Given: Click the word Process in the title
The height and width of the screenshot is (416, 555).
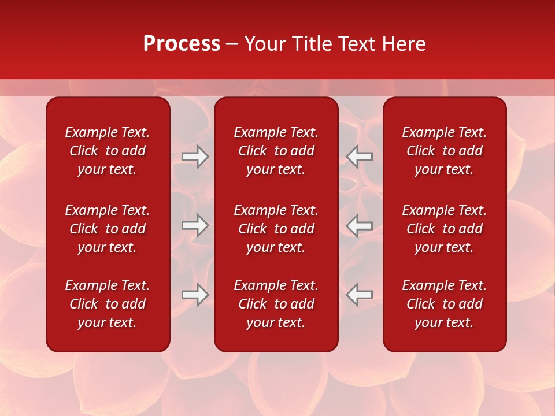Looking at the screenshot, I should click(x=182, y=44).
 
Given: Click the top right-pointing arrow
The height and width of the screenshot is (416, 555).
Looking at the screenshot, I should click(x=195, y=157).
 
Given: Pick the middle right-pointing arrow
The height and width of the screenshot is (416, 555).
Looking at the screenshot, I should click(x=195, y=225).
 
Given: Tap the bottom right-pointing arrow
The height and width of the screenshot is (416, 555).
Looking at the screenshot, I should click(x=195, y=295).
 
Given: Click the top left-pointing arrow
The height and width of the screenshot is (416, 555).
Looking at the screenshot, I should click(x=360, y=157).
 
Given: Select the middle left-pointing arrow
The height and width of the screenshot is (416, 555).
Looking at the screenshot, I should click(x=360, y=225).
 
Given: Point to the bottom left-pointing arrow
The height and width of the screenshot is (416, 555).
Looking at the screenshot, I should click(x=360, y=295).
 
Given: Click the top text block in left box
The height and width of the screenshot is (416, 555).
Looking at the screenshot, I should click(x=108, y=151).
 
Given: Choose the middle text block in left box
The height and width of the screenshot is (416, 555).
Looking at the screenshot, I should click(x=108, y=229).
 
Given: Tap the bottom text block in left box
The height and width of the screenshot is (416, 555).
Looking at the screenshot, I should click(x=108, y=304).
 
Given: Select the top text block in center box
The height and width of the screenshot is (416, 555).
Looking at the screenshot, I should click(x=276, y=151).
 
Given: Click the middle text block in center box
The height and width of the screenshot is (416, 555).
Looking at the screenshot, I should click(x=276, y=229).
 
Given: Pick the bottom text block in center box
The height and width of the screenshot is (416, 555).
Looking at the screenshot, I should click(x=276, y=304).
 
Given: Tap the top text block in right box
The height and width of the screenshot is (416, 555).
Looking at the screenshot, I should click(x=444, y=151).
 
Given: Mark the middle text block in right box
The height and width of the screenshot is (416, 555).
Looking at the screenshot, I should click(x=444, y=229).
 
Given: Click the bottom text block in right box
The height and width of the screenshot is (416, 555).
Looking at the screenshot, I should click(x=444, y=304).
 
